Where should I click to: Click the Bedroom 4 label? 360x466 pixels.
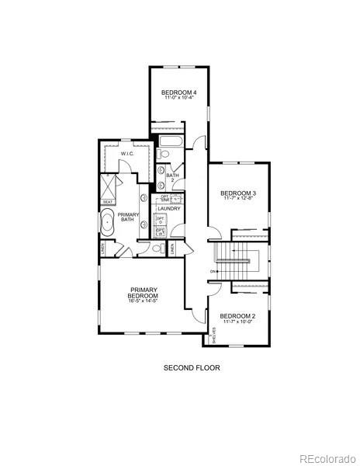click(179, 93)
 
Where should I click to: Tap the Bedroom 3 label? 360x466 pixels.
click(238, 193)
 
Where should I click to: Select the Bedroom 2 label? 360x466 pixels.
click(237, 316)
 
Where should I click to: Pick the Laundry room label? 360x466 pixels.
click(169, 209)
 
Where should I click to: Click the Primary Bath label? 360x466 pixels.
click(128, 217)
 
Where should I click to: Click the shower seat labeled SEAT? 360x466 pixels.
click(106, 203)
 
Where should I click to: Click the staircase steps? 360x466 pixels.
click(239, 268)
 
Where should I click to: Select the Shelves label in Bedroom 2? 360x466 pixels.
click(214, 336)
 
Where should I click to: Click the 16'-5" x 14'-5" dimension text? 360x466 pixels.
click(144, 301)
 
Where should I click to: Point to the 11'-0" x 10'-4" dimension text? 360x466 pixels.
click(179, 99)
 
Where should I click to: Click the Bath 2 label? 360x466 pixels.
click(172, 178)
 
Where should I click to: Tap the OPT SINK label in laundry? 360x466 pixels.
click(164, 197)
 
